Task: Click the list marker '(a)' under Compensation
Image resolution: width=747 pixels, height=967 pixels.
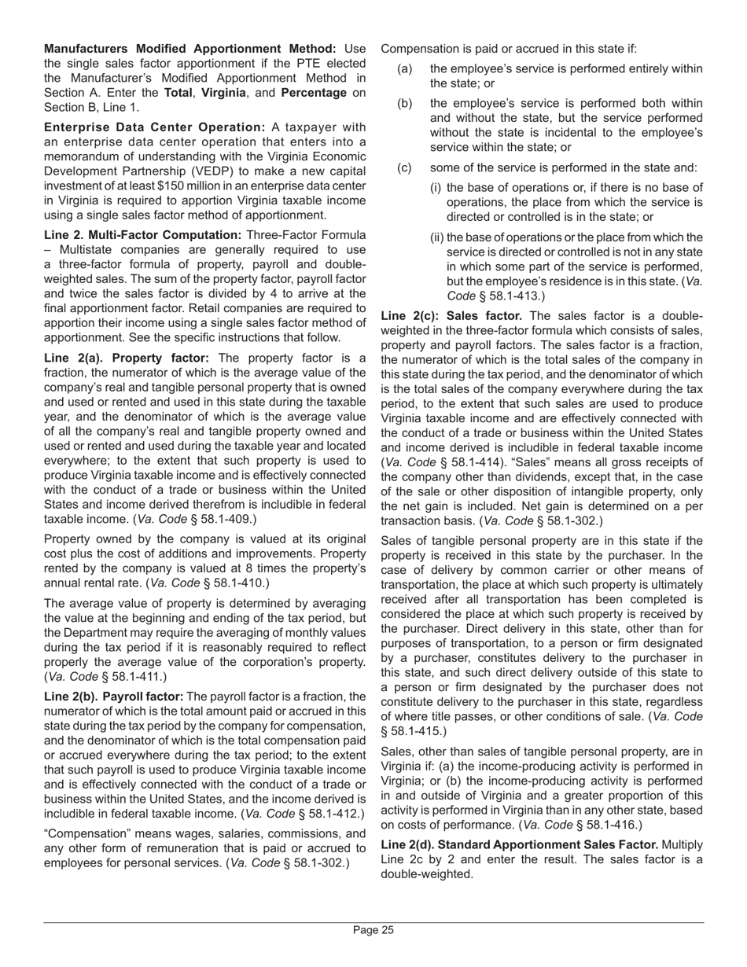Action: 404,69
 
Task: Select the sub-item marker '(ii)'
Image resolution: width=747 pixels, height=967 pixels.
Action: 436,237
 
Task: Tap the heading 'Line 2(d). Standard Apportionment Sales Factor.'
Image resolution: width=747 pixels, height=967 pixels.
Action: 520,845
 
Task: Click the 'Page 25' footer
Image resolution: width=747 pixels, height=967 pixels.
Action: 373,931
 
